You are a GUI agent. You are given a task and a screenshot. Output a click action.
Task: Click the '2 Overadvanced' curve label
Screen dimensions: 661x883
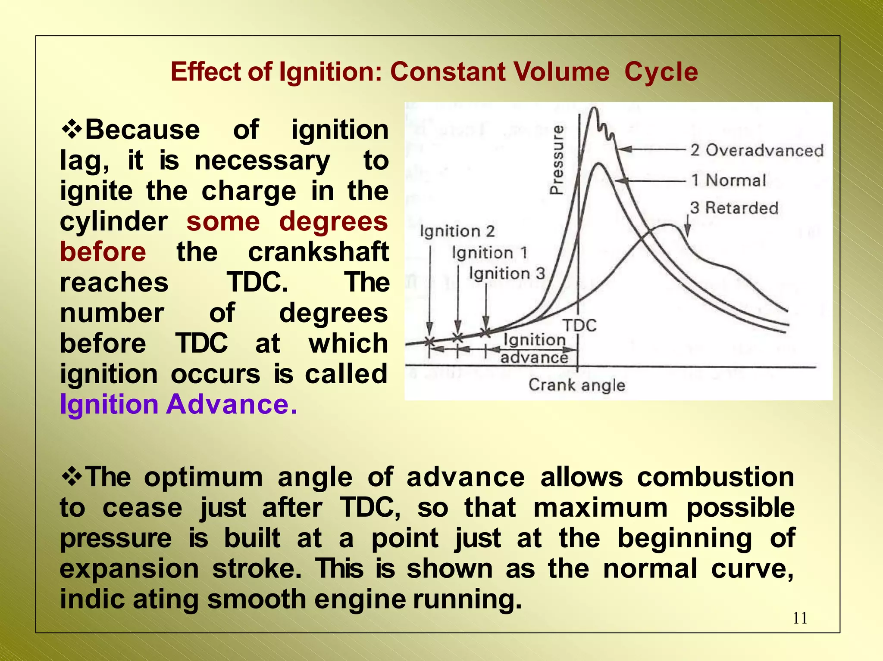coord(757,150)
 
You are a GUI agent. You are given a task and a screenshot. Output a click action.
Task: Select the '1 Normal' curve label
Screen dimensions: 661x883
coord(729,180)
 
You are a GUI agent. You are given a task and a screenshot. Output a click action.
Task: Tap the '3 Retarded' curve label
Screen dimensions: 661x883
coord(734,208)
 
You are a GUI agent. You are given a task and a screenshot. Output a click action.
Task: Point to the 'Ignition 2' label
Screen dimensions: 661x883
coord(457,231)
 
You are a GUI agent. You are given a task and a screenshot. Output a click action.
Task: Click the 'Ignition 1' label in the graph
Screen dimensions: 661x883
coord(490,253)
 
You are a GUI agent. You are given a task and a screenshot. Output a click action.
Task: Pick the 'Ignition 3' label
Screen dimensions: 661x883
coord(507,273)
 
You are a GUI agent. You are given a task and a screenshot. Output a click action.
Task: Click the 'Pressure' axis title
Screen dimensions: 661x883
coord(557,160)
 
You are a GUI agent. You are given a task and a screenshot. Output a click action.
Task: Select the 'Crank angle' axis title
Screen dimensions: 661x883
coord(576,385)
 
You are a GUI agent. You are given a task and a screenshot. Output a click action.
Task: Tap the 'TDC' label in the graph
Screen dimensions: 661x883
coord(580,326)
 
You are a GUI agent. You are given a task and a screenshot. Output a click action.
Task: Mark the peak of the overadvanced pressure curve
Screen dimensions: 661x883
coord(594,109)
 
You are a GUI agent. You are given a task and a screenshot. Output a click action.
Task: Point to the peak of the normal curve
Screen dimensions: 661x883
coord(598,164)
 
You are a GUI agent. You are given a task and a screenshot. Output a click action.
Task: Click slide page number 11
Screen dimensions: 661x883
coord(800,618)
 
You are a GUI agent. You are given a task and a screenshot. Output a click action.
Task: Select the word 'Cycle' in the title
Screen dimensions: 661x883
coord(661,71)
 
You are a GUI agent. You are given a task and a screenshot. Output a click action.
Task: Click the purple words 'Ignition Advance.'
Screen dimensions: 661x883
coord(178,404)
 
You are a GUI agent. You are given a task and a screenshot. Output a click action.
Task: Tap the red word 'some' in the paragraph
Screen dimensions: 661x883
coord(223,221)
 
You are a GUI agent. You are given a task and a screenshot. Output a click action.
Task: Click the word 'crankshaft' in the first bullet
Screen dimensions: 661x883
coord(318,252)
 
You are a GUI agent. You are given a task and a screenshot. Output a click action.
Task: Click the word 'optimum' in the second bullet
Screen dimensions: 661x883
coord(203,477)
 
